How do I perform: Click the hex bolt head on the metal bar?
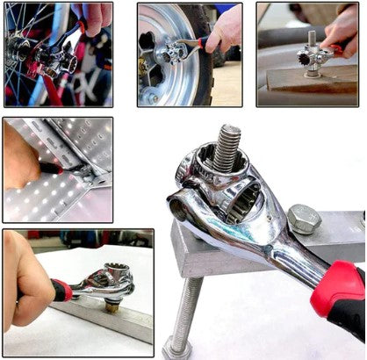coord(304,219)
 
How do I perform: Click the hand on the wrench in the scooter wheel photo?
coord(225,30)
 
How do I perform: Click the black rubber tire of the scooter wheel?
coord(195,88)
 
